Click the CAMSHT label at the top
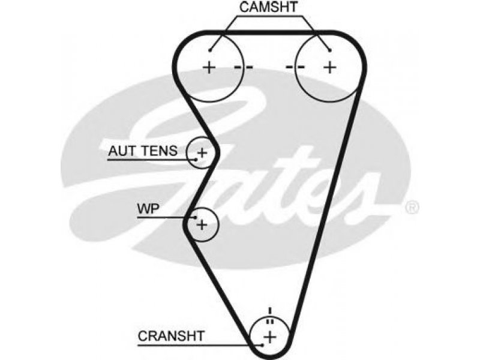[268, 7]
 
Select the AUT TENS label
[143, 151]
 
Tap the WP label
[148, 209]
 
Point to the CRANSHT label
[171, 336]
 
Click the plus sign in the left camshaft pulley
[209, 67]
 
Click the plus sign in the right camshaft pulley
[330, 67]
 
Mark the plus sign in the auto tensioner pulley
[202, 152]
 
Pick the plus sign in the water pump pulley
[202, 224]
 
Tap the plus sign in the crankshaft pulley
[269, 337]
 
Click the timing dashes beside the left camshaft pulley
[244, 67]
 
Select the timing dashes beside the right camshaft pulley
[295, 67]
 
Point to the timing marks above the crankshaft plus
[269, 316]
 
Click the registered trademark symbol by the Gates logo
[412, 208]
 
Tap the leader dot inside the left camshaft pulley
[210, 50]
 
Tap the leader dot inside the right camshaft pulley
[329, 50]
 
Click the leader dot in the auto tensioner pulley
[196, 159]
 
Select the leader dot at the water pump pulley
[196, 218]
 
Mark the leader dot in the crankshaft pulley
[262, 346]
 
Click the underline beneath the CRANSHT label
[200, 346]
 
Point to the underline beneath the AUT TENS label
[152, 160]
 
